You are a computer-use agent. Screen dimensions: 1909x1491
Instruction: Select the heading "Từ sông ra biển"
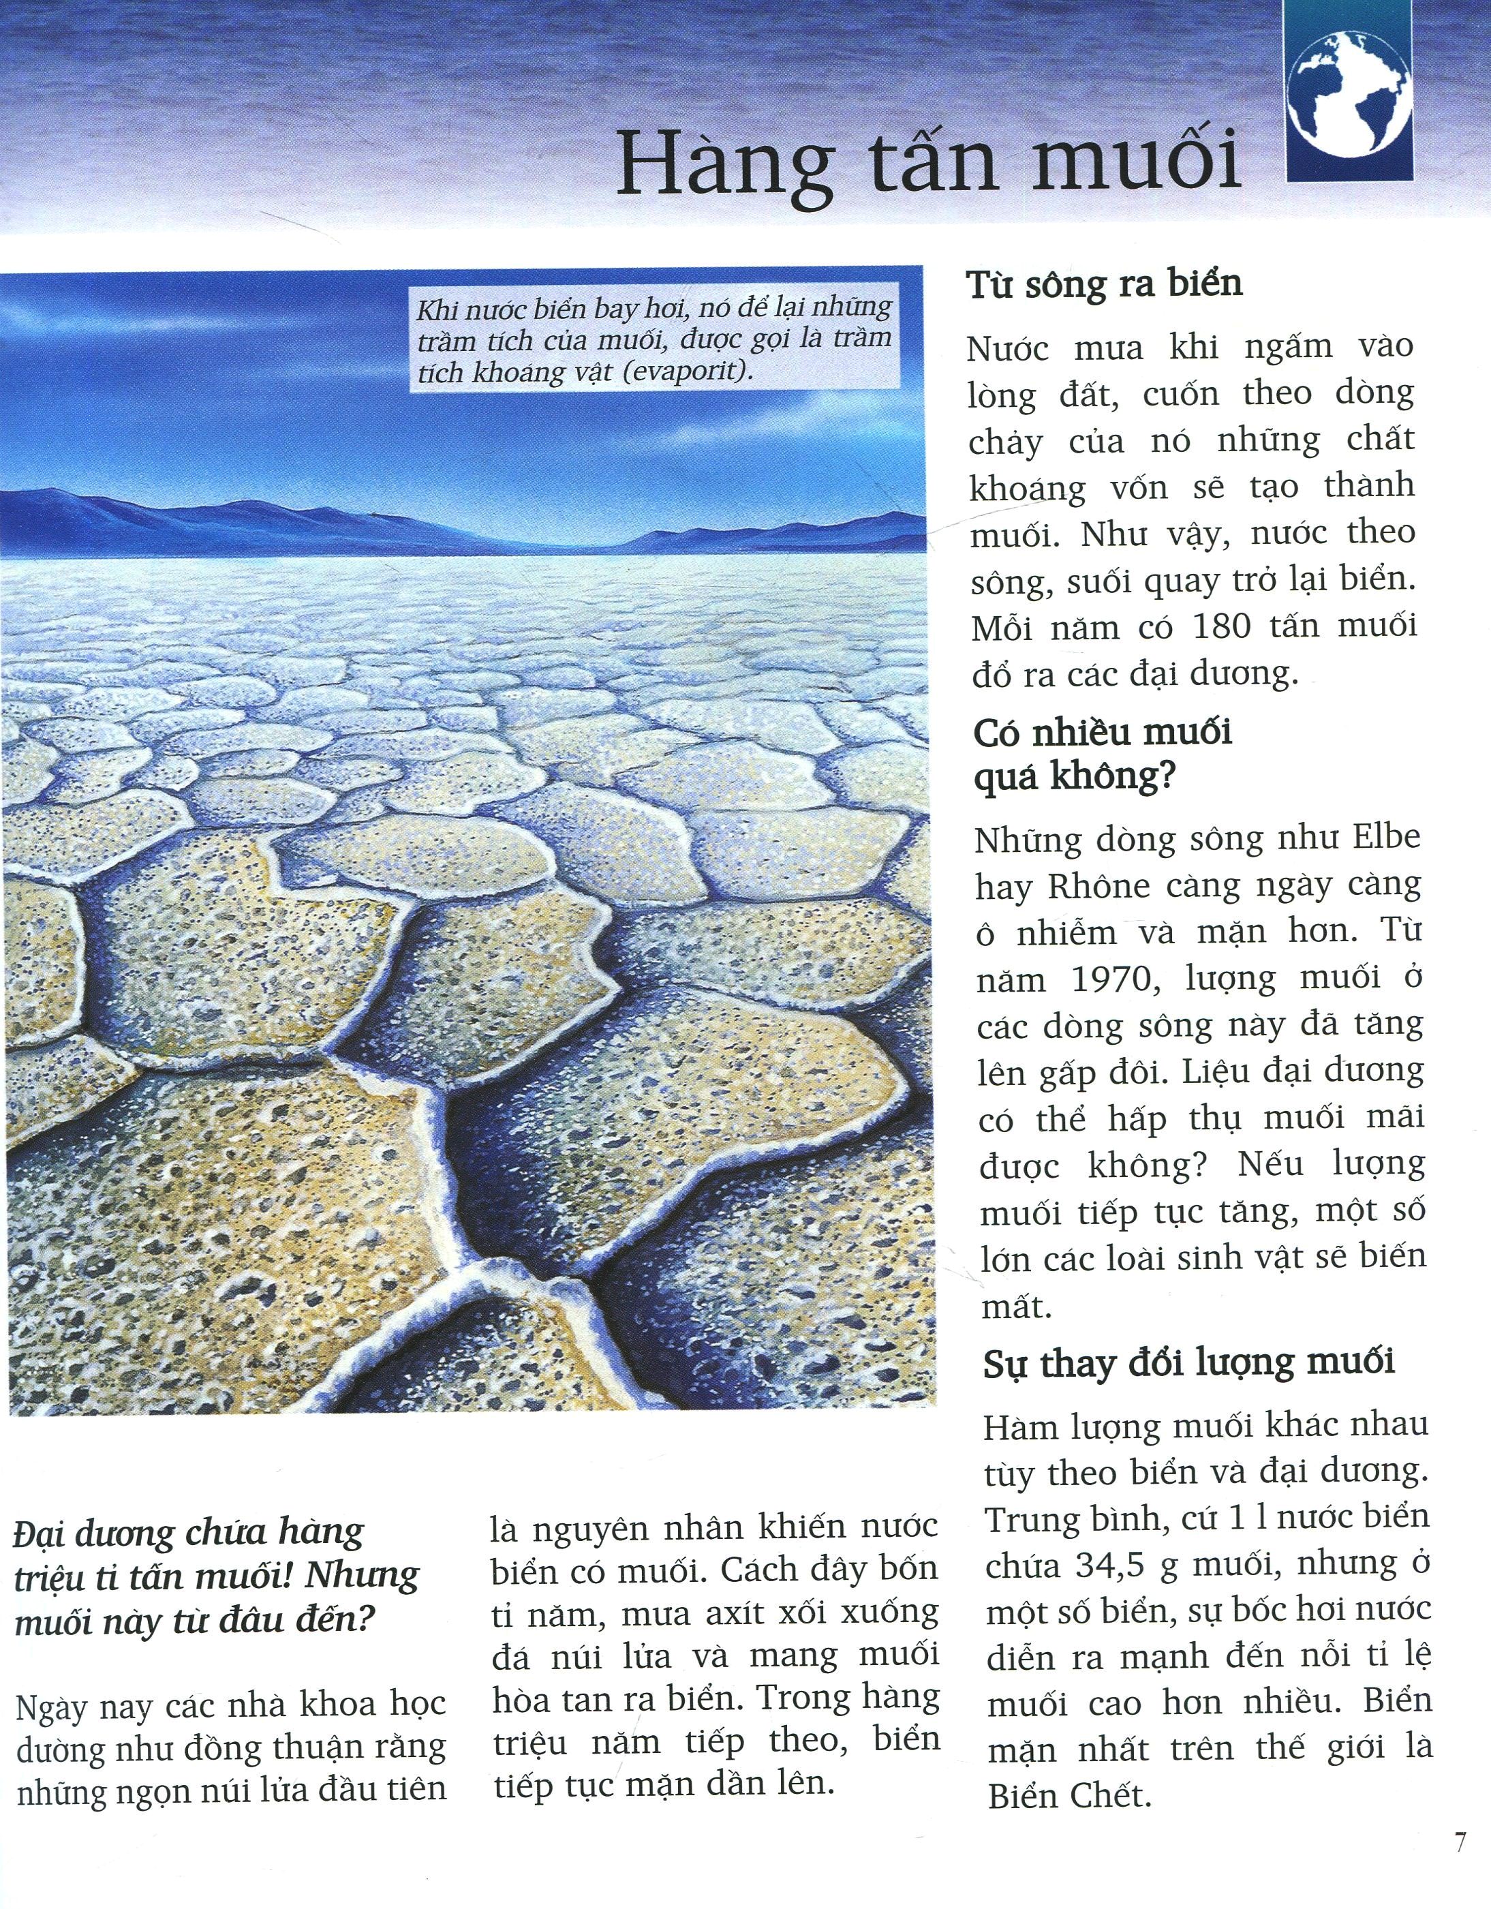[x=1104, y=284]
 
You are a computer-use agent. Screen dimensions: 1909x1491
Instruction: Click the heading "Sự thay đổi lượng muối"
[x=1188, y=1364]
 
